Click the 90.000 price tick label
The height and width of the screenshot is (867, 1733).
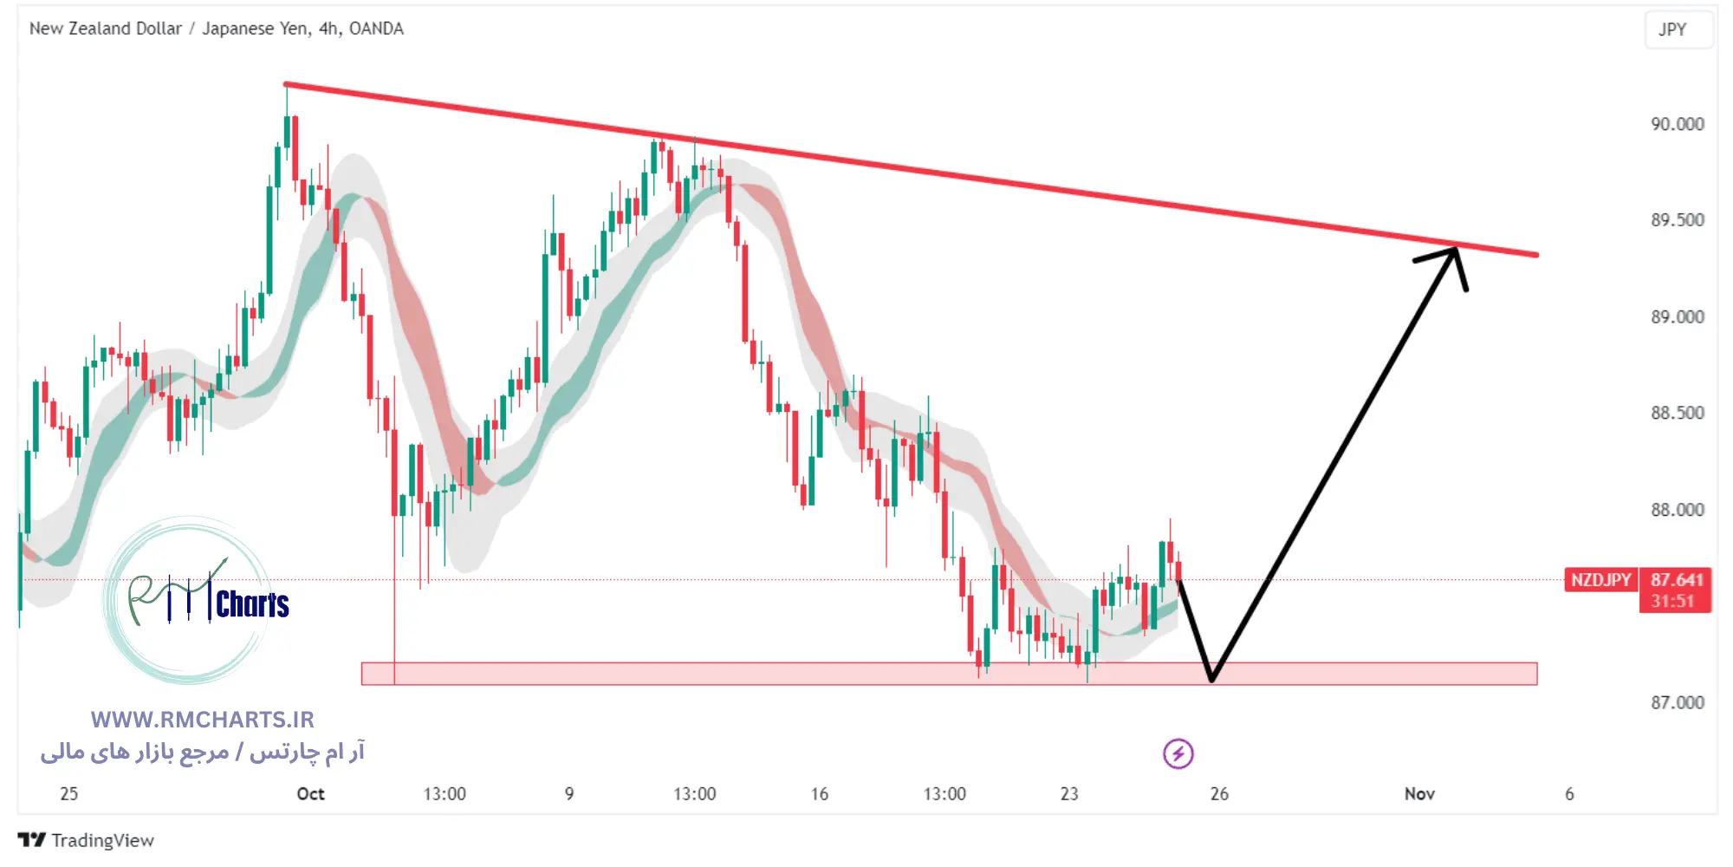pyautogui.click(x=1677, y=124)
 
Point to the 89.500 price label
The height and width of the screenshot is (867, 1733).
pyautogui.click(x=1677, y=220)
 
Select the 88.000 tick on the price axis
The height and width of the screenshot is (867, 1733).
pyautogui.click(x=1677, y=510)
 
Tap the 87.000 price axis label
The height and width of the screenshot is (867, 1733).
pyautogui.click(x=1677, y=702)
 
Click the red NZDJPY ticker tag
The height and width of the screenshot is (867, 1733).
pyautogui.click(x=1600, y=580)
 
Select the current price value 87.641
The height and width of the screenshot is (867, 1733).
pyautogui.click(x=1676, y=580)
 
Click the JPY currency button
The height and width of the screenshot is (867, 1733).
pyautogui.click(x=1672, y=29)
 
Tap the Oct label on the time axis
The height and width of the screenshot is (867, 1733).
pyautogui.click(x=310, y=794)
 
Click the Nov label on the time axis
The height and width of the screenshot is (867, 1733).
pyautogui.click(x=1419, y=794)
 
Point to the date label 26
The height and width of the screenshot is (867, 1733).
pyautogui.click(x=1219, y=794)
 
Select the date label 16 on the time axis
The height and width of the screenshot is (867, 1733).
pyautogui.click(x=819, y=794)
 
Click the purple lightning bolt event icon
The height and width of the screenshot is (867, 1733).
pyautogui.click(x=1178, y=753)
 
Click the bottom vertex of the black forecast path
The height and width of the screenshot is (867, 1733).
pyautogui.click(x=1211, y=679)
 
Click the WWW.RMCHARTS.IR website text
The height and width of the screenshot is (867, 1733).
pyautogui.click(x=203, y=720)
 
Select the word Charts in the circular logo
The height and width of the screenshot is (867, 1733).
pyautogui.click(x=252, y=604)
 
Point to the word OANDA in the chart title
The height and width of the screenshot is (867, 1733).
pyautogui.click(x=376, y=29)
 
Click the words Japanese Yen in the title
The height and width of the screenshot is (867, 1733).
pyautogui.click(x=256, y=29)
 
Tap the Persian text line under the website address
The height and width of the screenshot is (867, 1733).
pyautogui.click(x=203, y=752)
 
